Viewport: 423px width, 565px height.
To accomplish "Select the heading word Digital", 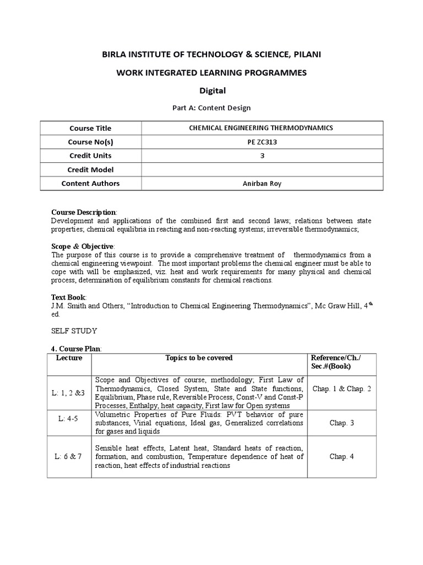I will (x=211, y=90).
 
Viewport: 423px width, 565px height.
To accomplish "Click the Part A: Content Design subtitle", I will (x=211, y=108).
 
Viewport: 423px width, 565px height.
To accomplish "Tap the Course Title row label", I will (x=90, y=128).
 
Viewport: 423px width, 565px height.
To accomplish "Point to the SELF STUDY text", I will (x=74, y=331).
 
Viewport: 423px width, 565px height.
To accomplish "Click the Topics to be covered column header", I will (x=199, y=358).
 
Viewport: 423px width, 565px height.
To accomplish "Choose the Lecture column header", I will (x=69, y=358).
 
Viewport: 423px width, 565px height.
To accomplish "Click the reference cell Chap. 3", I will (x=341, y=423).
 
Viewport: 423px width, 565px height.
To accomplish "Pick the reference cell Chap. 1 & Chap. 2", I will (x=341, y=389).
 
